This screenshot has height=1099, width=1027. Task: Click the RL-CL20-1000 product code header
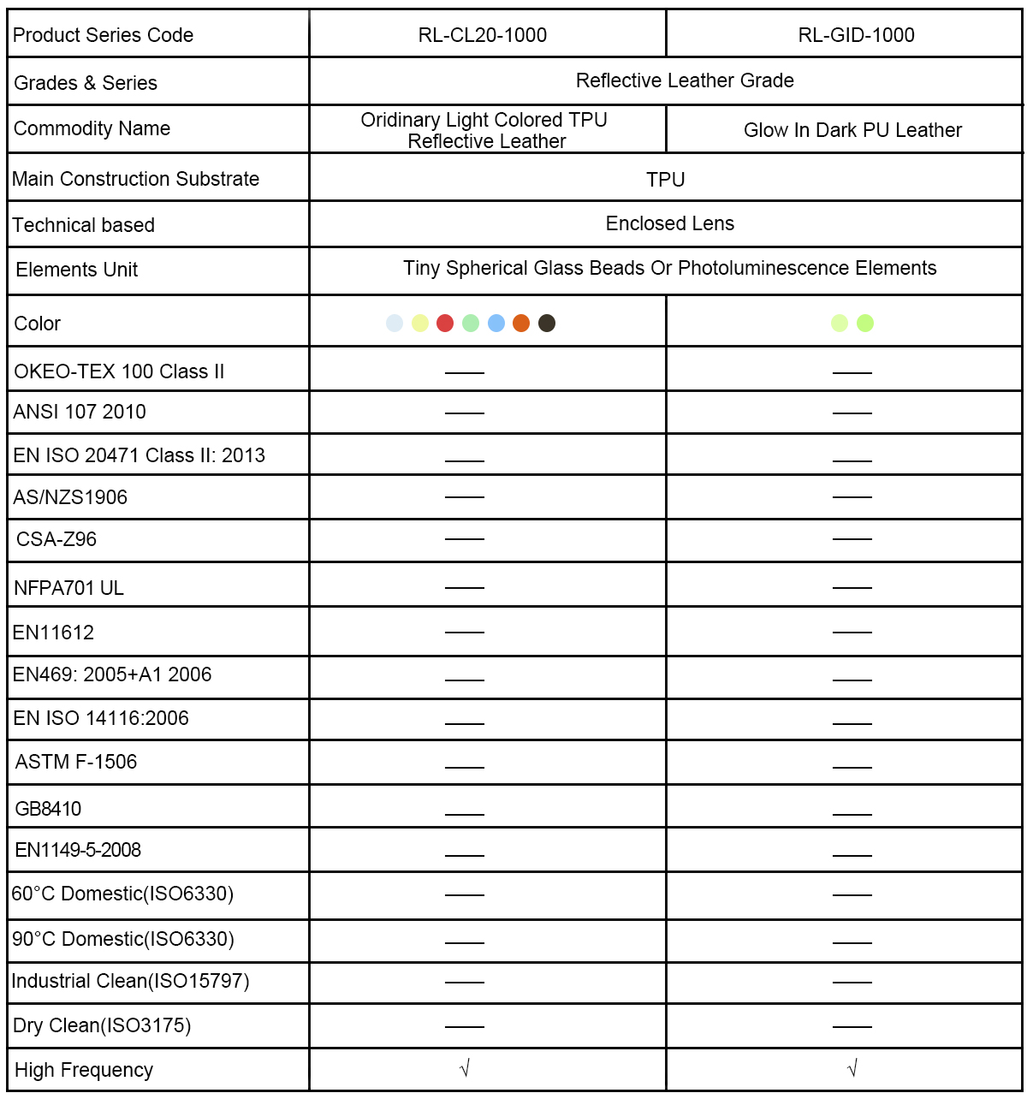click(x=483, y=35)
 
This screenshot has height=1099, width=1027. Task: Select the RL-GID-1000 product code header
click(x=856, y=35)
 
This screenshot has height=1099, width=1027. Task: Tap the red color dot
click(x=445, y=323)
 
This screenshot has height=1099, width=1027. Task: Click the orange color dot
click(x=521, y=323)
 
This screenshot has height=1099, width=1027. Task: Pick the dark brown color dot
click(x=547, y=323)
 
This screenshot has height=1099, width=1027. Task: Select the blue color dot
click(x=496, y=323)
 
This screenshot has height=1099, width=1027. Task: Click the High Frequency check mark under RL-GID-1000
click(x=852, y=1068)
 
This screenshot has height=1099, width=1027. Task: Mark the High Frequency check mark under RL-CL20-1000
click(x=465, y=1068)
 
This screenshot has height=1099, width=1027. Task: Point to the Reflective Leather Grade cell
click(x=685, y=80)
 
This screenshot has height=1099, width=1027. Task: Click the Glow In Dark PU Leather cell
click(x=852, y=130)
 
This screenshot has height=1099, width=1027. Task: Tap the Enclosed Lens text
click(x=669, y=223)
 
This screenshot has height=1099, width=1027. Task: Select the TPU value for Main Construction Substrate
click(x=665, y=180)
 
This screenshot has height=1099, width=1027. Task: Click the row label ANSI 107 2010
click(x=80, y=412)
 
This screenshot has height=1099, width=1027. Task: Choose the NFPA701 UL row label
click(x=68, y=588)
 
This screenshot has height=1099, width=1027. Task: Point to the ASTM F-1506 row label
click(x=76, y=762)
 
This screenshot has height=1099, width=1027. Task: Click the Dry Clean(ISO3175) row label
click(x=102, y=1025)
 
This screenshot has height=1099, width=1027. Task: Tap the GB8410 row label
click(x=48, y=809)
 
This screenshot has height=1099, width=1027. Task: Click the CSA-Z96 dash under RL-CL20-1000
click(x=465, y=539)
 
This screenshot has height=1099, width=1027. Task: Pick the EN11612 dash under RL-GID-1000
click(x=852, y=633)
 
